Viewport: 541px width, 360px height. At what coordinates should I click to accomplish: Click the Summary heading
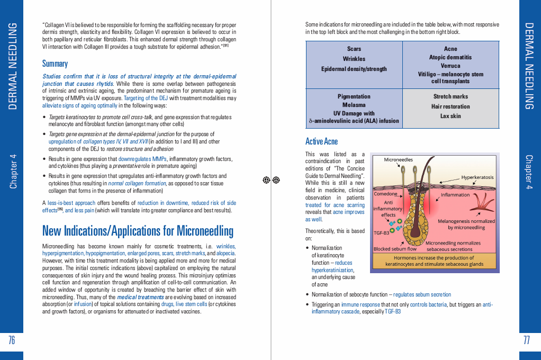pyautogui.click(x=55, y=64)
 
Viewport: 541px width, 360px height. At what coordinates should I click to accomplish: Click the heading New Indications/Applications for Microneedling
pyautogui.click(x=138, y=231)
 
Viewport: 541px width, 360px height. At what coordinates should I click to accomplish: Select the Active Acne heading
pyautogui.click(x=321, y=141)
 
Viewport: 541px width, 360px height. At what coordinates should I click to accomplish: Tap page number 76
pyautogui.click(x=12, y=340)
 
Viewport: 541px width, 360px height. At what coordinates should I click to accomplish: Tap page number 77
pyautogui.click(x=527, y=340)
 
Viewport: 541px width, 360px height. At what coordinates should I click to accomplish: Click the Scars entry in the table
pyautogui.click(x=354, y=49)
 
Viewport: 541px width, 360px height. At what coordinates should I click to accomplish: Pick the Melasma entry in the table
pyautogui.click(x=354, y=105)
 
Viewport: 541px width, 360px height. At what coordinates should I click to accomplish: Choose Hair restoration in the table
pyautogui.click(x=450, y=106)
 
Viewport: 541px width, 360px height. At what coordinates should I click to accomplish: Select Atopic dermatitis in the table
pyautogui.click(x=450, y=57)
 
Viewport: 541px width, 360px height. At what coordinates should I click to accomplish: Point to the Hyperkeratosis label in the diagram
pyautogui.click(x=477, y=177)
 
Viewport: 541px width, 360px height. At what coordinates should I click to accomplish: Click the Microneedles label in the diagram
pyautogui.click(x=398, y=159)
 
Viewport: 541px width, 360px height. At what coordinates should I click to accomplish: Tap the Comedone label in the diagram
pyautogui.click(x=385, y=194)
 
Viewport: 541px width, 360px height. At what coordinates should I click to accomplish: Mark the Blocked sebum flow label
pyautogui.click(x=395, y=249)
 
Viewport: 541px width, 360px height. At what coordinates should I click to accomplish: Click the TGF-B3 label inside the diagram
pyautogui.click(x=382, y=232)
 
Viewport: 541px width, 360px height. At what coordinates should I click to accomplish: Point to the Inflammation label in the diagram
pyautogui.click(x=455, y=194)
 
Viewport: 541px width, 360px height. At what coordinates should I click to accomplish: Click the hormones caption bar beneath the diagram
pyautogui.click(x=434, y=261)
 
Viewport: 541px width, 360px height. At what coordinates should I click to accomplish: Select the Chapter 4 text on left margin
pyautogui.click(x=13, y=171)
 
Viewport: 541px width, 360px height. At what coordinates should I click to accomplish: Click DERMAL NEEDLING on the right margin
pyautogui.click(x=528, y=66)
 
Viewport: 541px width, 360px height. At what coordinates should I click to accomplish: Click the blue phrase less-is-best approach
pyautogui.click(x=71, y=203)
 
